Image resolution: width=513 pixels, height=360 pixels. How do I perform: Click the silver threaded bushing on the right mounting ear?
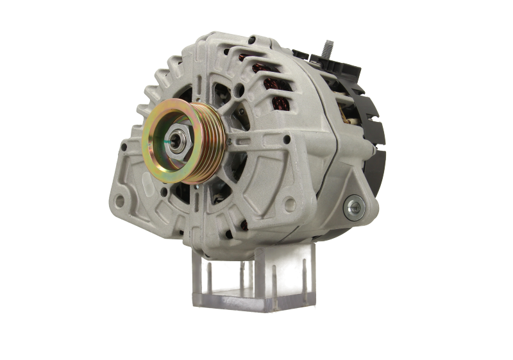click(352, 206)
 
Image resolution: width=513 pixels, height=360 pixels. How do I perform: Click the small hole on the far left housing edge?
click(122, 147)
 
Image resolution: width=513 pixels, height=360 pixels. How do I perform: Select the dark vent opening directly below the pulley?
click(192, 193)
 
